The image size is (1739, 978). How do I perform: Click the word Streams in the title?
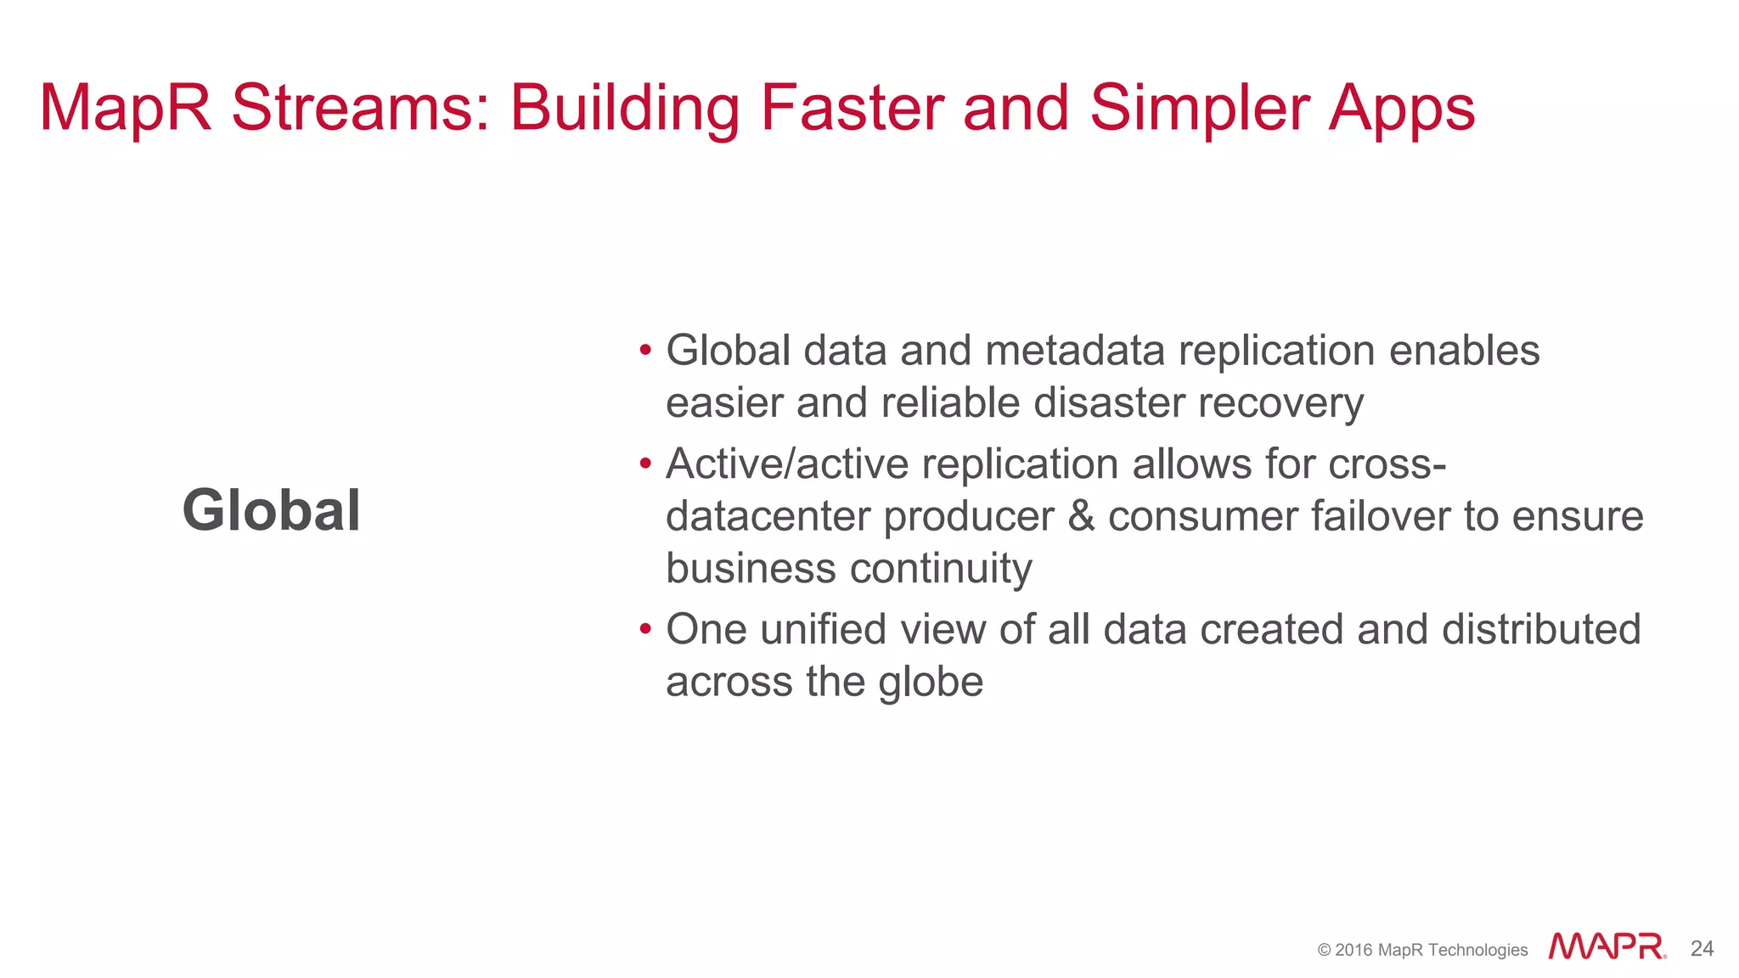tap(360, 108)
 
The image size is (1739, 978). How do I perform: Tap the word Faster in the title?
tap(852, 108)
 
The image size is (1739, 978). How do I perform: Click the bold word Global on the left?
tap(272, 511)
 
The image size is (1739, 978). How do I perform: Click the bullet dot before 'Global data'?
tap(645, 350)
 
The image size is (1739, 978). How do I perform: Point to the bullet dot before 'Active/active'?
tap(645, 464)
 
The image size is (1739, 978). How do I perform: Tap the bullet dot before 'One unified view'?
tap(645, 629)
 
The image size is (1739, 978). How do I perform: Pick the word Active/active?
tap(787, 464)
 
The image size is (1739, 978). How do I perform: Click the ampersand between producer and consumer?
tap(1081, 516)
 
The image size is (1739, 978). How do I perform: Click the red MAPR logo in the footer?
tap(1607, 947)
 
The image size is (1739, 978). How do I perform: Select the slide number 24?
tap(1702, 948)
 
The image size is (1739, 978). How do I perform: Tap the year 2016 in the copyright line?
tap(1353, 950)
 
